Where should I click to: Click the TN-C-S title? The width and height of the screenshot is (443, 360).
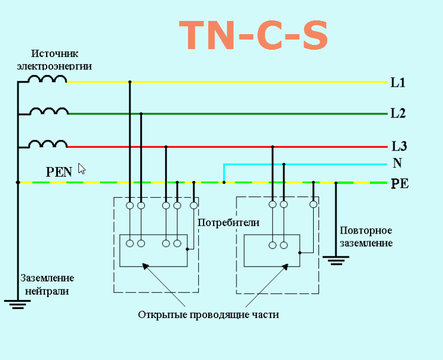(254, 36)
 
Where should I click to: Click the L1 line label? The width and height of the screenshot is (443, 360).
(398, 83)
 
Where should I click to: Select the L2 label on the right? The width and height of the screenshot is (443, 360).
(398, 113)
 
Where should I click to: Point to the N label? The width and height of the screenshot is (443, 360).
(398, 163)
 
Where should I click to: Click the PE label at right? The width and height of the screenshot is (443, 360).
(399, 184)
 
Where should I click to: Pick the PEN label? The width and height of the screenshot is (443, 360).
(59, 172)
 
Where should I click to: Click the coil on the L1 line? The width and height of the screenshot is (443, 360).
(48, 78)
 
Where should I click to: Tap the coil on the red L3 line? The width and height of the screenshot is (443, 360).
(48, 144)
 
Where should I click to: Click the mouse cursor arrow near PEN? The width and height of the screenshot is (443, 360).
(81, 168)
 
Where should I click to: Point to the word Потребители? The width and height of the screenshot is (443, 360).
(229, 222)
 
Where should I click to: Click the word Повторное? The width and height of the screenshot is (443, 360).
(366, 231)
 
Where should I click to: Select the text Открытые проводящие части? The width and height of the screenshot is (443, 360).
(208, 314)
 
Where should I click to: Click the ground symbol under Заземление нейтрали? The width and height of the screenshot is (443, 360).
(17, 303)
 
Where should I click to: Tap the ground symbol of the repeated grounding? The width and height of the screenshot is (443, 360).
(336, 260)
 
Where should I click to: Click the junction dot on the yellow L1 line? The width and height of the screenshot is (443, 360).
(129, 82)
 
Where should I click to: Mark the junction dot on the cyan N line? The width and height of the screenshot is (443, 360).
(284, 164)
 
